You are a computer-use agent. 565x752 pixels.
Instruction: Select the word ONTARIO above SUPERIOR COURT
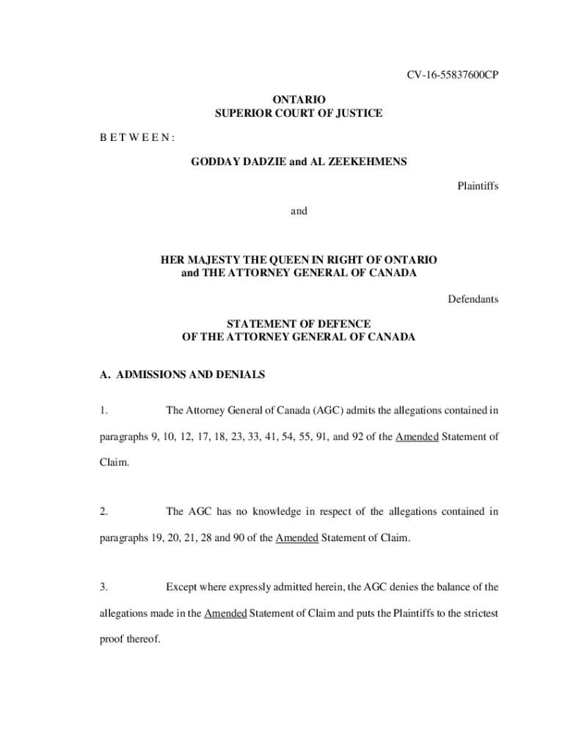pyautogui.click(x=299, y=99)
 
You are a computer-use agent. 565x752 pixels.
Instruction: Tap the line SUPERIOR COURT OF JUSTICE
pyautogui.click(x=299, y=113)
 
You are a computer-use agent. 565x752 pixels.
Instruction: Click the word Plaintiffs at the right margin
pyautogui.click(x=478, y=187)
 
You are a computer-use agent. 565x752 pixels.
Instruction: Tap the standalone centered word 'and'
pyautogui.click(x=299, y=211)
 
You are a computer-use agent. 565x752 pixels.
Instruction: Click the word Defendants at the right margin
pyautogui.click(x=473, y=299)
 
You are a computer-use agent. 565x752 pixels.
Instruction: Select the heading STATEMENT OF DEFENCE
pyautogui.click(x=299, y=324)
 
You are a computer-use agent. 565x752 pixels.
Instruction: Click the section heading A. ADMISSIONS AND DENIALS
pyautogui.click(x=182, y=375)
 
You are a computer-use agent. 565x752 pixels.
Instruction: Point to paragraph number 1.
pyautogui.click(x=103, y=409)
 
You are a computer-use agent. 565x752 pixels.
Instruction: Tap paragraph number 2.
pyautogui.click(x=103, y=511)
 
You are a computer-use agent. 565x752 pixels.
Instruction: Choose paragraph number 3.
pyautogui.click(x=103, y=587)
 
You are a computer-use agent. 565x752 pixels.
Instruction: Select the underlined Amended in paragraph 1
pyautogui.click(x=417, y=437)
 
